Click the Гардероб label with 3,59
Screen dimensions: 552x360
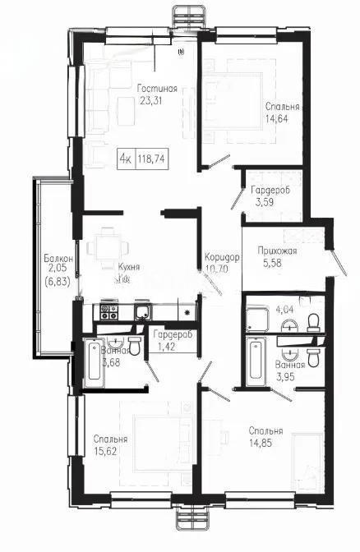pyautogui.click(x=270, y=191)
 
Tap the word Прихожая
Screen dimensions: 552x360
pyautogui.click(x=277, y=251)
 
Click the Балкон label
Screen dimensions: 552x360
pyautogui.click(x=59, y=260)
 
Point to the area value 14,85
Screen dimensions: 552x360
pyautogui.click(x=267, y=444)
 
